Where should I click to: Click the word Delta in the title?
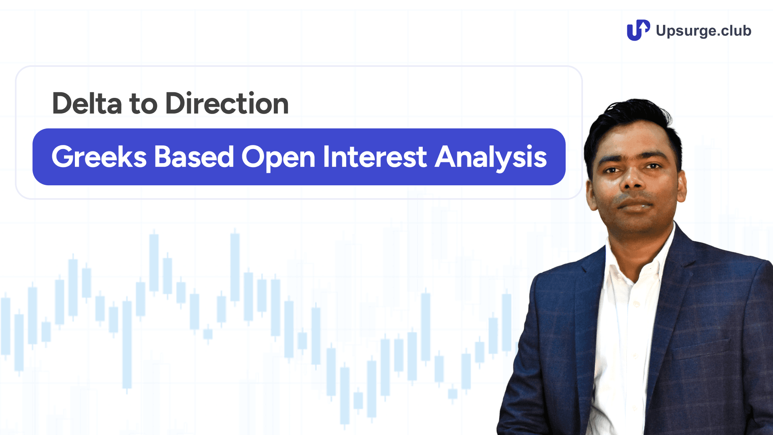coord(87,104)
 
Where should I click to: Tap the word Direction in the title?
coord(227,104)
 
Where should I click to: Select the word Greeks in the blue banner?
coord(99,157)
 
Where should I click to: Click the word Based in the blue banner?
coord(194,157)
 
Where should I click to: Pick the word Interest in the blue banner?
coord(374,157)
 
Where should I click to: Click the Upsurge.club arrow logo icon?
coord(638,30)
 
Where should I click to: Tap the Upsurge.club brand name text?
coord(703,31)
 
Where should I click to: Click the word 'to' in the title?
coord(143,104)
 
